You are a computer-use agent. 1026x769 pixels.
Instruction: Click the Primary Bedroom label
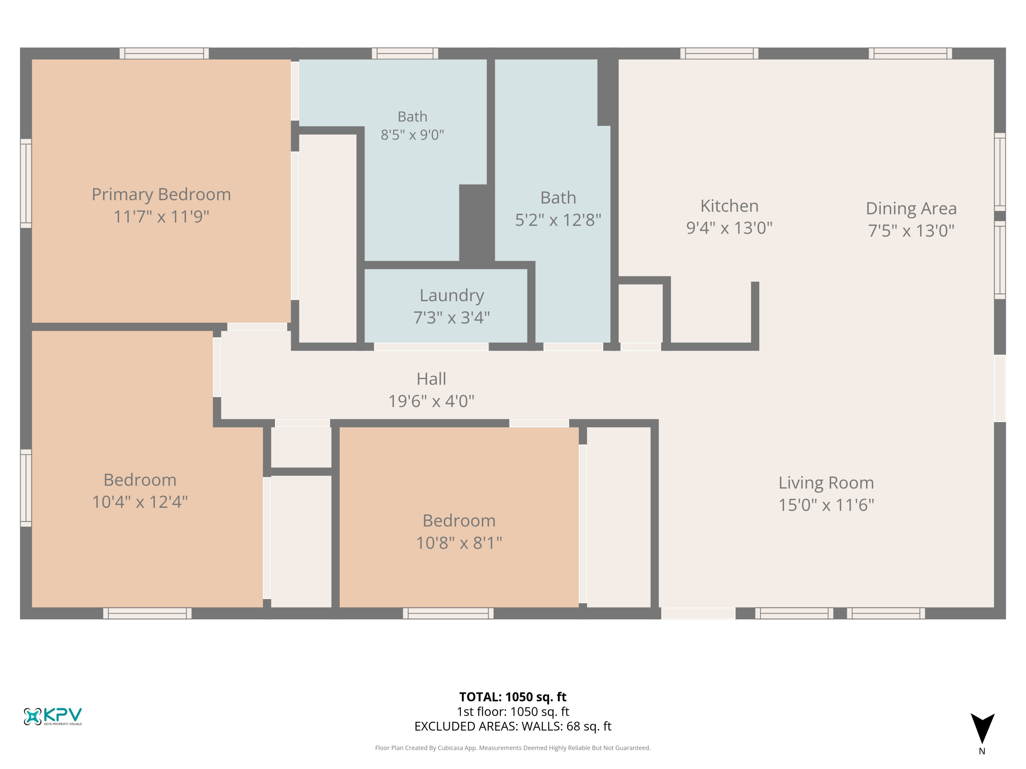[x=161, y=194]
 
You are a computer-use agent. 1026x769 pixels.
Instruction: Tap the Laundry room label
[x=452, y=295]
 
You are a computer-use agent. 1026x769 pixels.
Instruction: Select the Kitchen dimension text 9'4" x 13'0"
[x=729, y=228]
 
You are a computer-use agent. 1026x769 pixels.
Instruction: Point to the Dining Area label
[x=911, y=208]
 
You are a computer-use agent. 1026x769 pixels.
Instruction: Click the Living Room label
[x=826, y=483]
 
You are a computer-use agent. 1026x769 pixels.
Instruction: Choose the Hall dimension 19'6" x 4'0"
[x=431, y=401]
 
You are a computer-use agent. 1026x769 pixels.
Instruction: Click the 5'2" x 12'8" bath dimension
[x=558, y=220]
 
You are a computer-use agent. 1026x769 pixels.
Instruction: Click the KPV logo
[x=53, y=717]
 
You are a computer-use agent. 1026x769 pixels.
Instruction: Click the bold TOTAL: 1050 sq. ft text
[x=513, y=697]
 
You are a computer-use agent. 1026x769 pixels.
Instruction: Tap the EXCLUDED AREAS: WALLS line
[x=513, y=726]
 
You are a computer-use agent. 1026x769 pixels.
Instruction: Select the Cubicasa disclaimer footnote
[x=513, y=748]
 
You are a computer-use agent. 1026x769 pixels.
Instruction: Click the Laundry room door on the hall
[x=431, y=347]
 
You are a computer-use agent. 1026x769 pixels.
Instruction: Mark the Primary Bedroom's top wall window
[x=164, y=53]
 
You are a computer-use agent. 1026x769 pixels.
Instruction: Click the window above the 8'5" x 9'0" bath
[x=405, y=53]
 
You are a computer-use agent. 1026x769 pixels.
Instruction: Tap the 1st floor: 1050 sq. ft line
[x=513, y=712]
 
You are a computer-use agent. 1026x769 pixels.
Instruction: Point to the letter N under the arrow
[x=982, y=751]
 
